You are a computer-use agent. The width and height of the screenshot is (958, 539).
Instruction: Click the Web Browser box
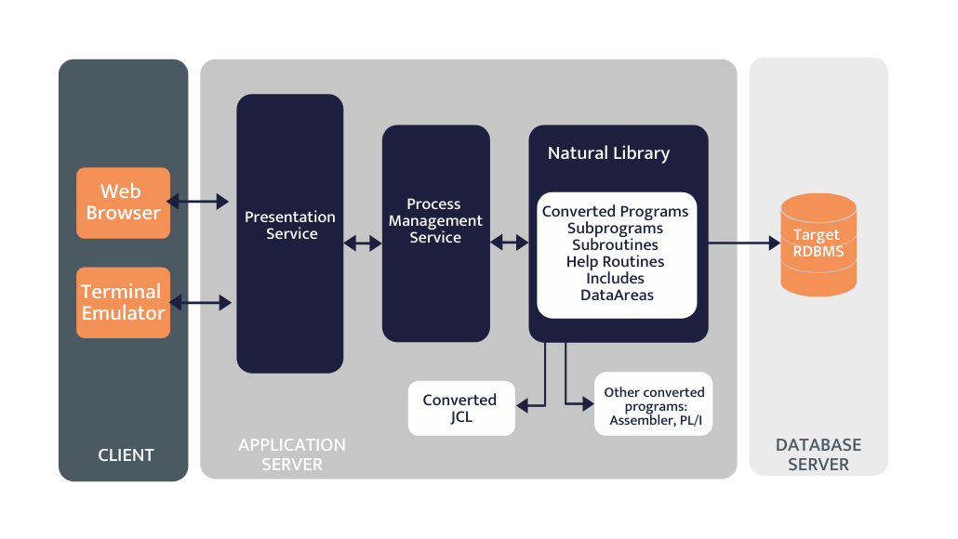click(x=123, y=203)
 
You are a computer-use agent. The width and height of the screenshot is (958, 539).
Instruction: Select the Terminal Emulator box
click(x=123, y=303)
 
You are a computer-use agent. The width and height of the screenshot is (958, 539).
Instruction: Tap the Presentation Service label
click(x=290, y=226)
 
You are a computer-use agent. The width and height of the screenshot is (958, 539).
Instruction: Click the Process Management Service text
click(x=435, y=221)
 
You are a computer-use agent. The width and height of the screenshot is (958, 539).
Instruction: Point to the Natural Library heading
click(x=608, y=153)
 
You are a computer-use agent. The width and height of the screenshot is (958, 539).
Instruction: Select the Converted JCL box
click(x=460, y=408)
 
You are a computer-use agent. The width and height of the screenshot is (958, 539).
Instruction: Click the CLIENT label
click(x=126, y=455)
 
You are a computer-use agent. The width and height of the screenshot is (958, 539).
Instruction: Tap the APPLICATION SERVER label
click(x=292, y=454)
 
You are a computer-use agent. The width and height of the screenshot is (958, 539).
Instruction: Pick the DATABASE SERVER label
click(x=818, y=454)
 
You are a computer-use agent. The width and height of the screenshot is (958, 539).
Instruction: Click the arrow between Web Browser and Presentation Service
click(x=197, y=201)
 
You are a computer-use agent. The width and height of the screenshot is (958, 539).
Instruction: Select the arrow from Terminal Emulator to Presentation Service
click(x=199, y=302)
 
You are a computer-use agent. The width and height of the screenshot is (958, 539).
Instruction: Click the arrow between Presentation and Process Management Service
click(x=363, y=243)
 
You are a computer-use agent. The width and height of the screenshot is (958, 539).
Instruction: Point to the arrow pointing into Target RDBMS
click(x=744, y=243)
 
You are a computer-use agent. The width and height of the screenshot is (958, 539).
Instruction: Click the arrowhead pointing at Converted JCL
click(x=524, y=404)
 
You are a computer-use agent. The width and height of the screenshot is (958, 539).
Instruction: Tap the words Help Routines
click(x=615, y=262)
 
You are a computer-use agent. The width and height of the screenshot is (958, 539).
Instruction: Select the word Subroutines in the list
click(x=615, y=245)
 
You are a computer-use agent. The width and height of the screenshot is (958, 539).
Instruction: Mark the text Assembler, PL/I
click(x=654, y=420)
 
